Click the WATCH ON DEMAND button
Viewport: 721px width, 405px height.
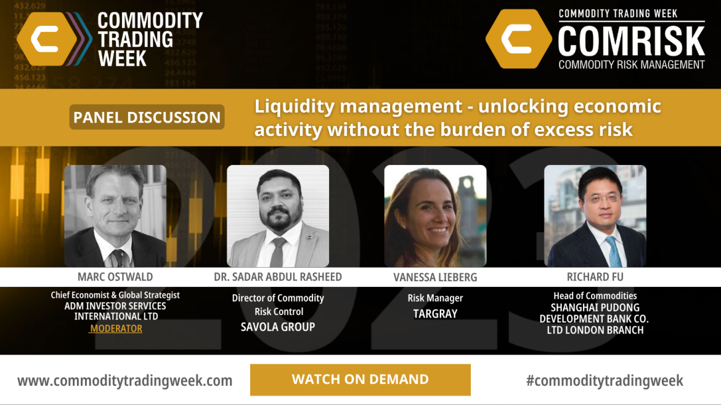tap(360, 380)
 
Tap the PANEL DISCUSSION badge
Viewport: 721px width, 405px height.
tap(147, 117)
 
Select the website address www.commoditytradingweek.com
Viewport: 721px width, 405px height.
tap(124, 380)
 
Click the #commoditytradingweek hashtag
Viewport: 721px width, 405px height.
tap(605, 380)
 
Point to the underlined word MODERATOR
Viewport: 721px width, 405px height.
tap(116, 328)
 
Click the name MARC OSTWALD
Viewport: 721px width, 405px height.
tap(115, 277)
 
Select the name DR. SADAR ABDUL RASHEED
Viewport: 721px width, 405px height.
tap(278, 277)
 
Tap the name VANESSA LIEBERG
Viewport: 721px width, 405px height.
tap(435, 278)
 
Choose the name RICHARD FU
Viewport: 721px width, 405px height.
tap(595, 277)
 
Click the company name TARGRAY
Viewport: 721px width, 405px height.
tap(435, 314)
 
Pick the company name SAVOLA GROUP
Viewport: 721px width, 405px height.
tap(278, 327)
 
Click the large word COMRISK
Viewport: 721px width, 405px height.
tap(631, 41)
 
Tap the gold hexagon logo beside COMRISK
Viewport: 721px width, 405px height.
tap(519, 39)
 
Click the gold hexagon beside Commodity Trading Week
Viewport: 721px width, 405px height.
tap(47, 39)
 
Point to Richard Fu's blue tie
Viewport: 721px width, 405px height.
tap(614, 251)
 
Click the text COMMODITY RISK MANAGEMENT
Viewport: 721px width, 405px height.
tap(631, 65)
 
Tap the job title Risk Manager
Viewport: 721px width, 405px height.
tap(435, 298)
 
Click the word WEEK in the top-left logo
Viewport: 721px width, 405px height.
tap(122, 58)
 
